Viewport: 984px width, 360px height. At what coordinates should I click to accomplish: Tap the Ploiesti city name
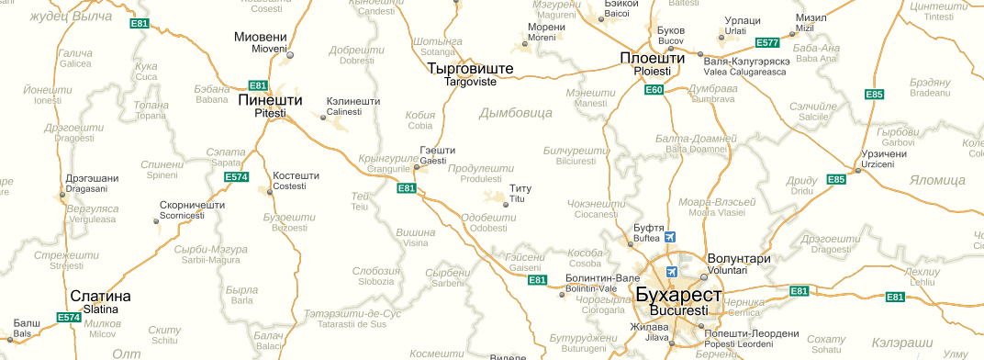point(652,61)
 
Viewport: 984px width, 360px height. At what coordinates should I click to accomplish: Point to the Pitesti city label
point(270,100)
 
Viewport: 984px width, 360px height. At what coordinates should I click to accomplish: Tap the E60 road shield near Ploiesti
point(654,89)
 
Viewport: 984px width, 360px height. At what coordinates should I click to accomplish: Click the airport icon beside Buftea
point(669,237)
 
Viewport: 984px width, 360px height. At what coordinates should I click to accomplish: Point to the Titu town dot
point(506,204)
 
